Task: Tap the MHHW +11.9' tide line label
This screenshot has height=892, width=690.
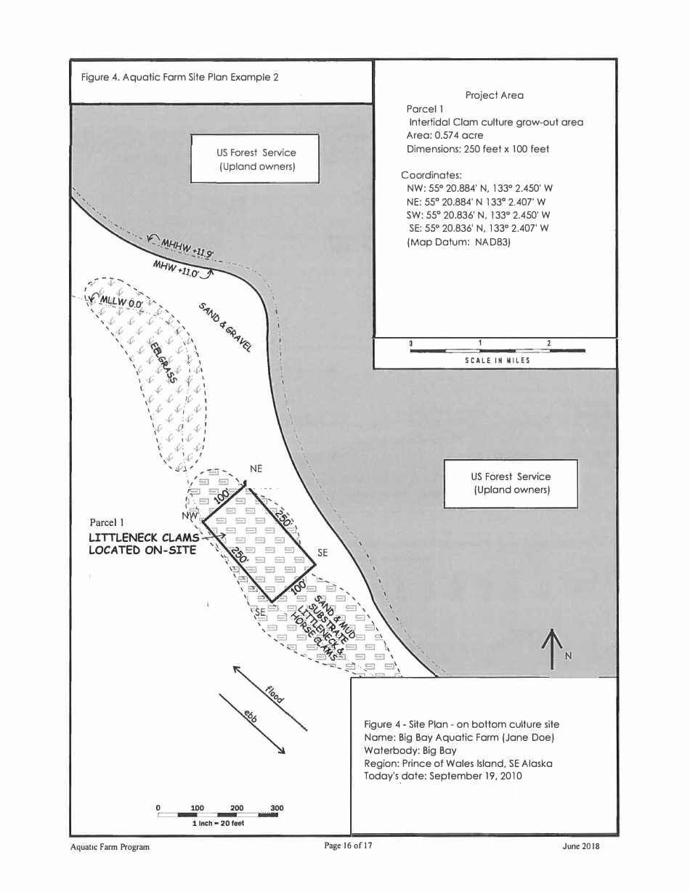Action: coord(186,248)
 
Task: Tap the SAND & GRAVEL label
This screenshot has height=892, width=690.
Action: coord(225,327)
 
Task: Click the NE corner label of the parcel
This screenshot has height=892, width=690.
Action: coord(256,469)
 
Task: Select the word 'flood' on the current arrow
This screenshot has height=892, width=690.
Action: coord(275,694)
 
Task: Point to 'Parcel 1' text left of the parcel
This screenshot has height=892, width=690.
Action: coord(107,522)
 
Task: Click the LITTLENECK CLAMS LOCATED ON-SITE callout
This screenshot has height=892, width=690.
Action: coord(143,544)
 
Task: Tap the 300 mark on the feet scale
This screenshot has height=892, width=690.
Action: coord(276,808)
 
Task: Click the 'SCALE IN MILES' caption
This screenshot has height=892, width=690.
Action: coord(498,360)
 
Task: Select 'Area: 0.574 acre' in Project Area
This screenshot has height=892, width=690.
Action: coord(445,135)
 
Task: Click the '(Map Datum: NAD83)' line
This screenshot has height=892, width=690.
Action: coord(459,242)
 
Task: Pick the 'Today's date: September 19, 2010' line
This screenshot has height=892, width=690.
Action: coord(443,776)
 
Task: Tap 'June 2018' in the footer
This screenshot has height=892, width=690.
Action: coord(580,846)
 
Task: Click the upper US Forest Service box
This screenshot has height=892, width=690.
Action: coord(256,159)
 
